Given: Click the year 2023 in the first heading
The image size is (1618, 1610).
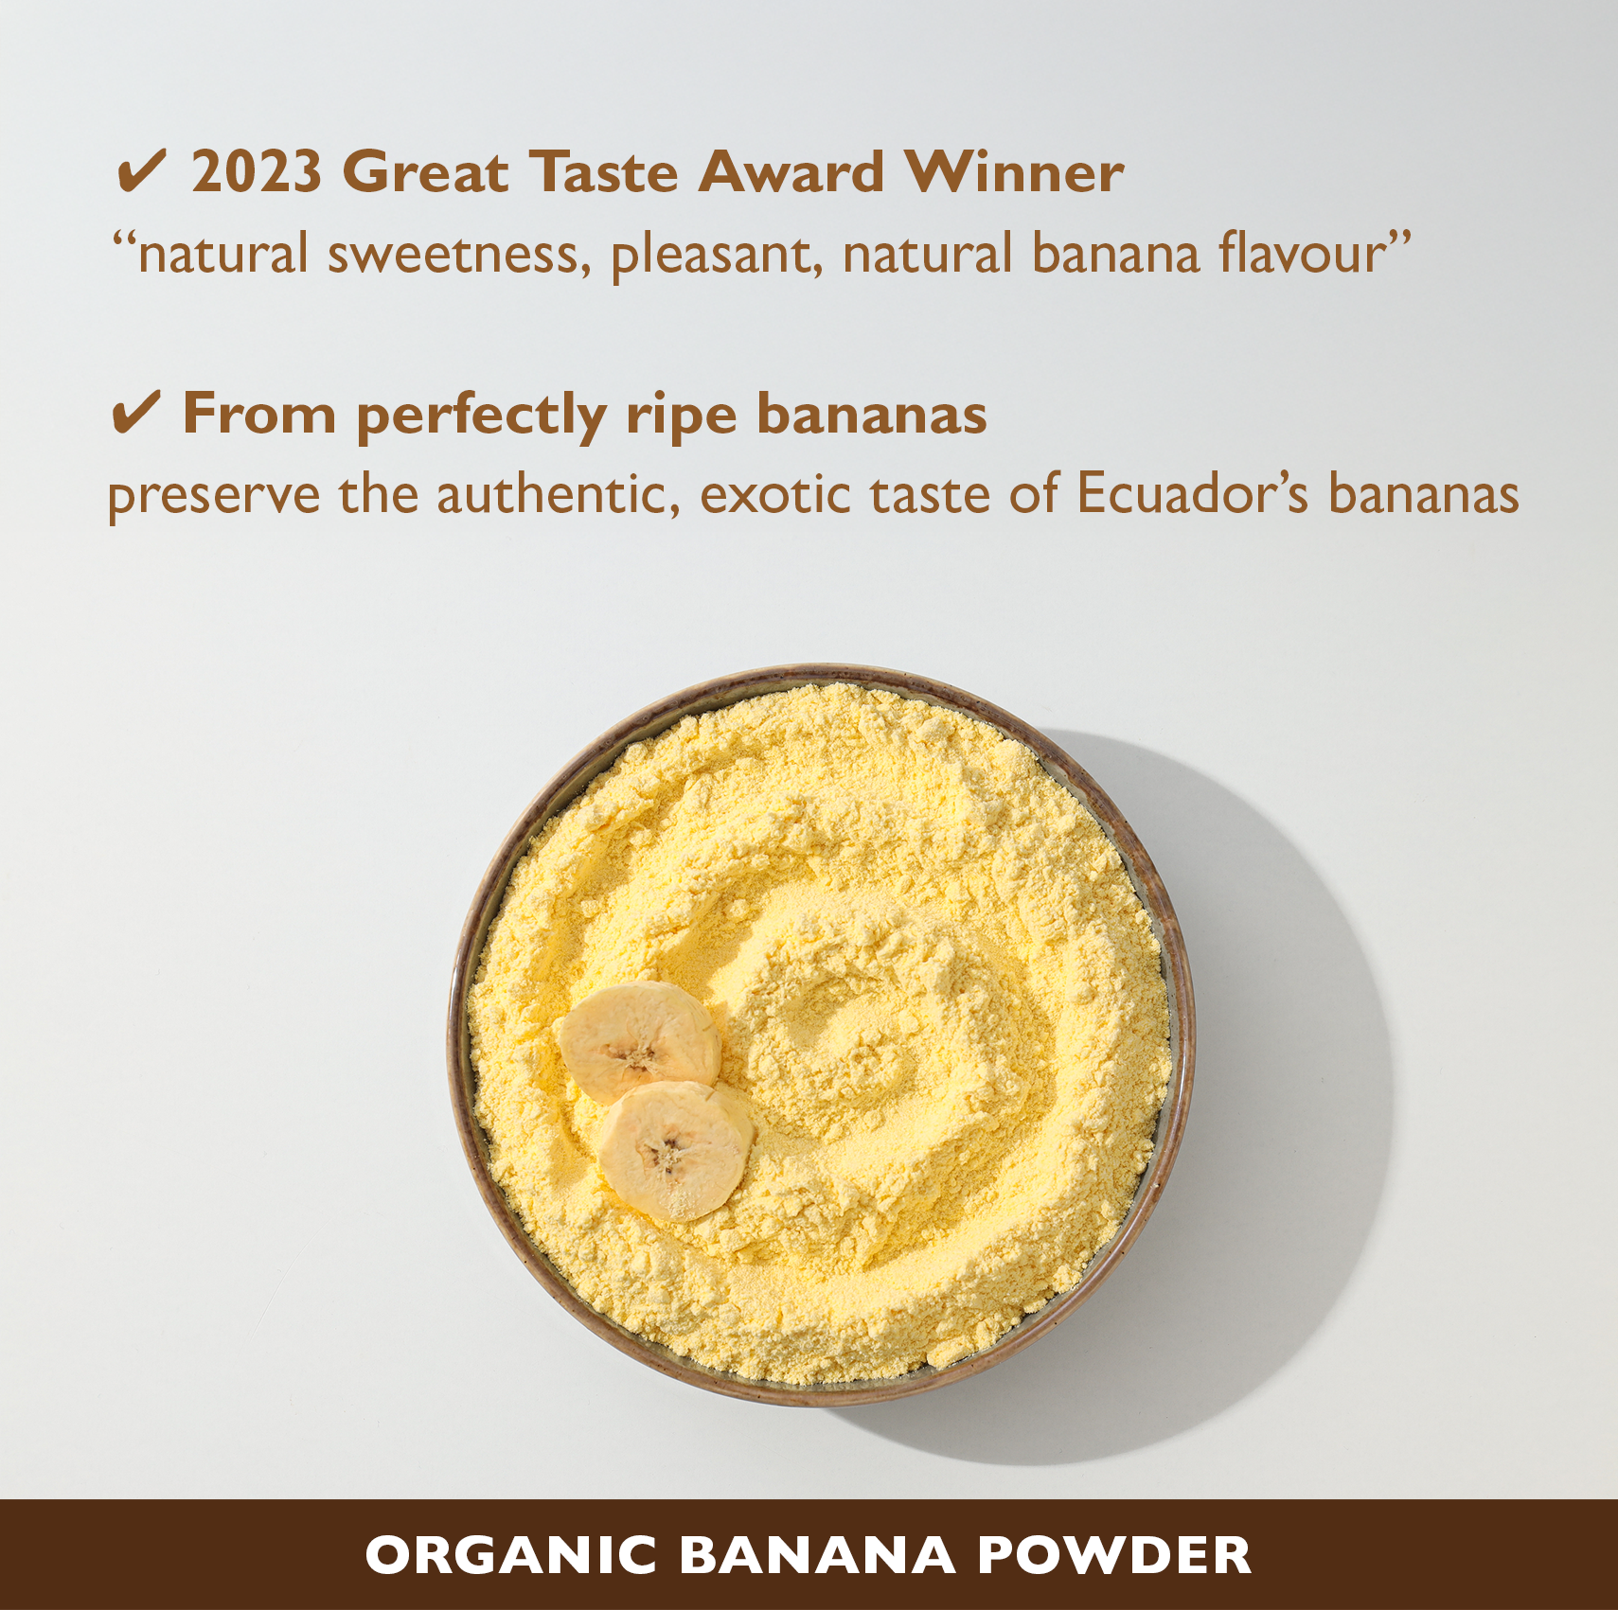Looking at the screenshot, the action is pyautogui.click(x=257, y=172).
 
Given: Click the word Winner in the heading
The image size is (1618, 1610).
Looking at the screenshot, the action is pyautogui.click(x=1014, y=172).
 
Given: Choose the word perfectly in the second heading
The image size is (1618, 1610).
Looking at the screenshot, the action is pyautogui.click(x=481, y=416).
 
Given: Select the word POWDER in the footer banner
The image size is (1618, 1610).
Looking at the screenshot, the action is pyautogui.click(x=1114, y=1556).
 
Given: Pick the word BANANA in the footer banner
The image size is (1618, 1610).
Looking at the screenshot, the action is pyautogui.click(x=818, y=1556).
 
